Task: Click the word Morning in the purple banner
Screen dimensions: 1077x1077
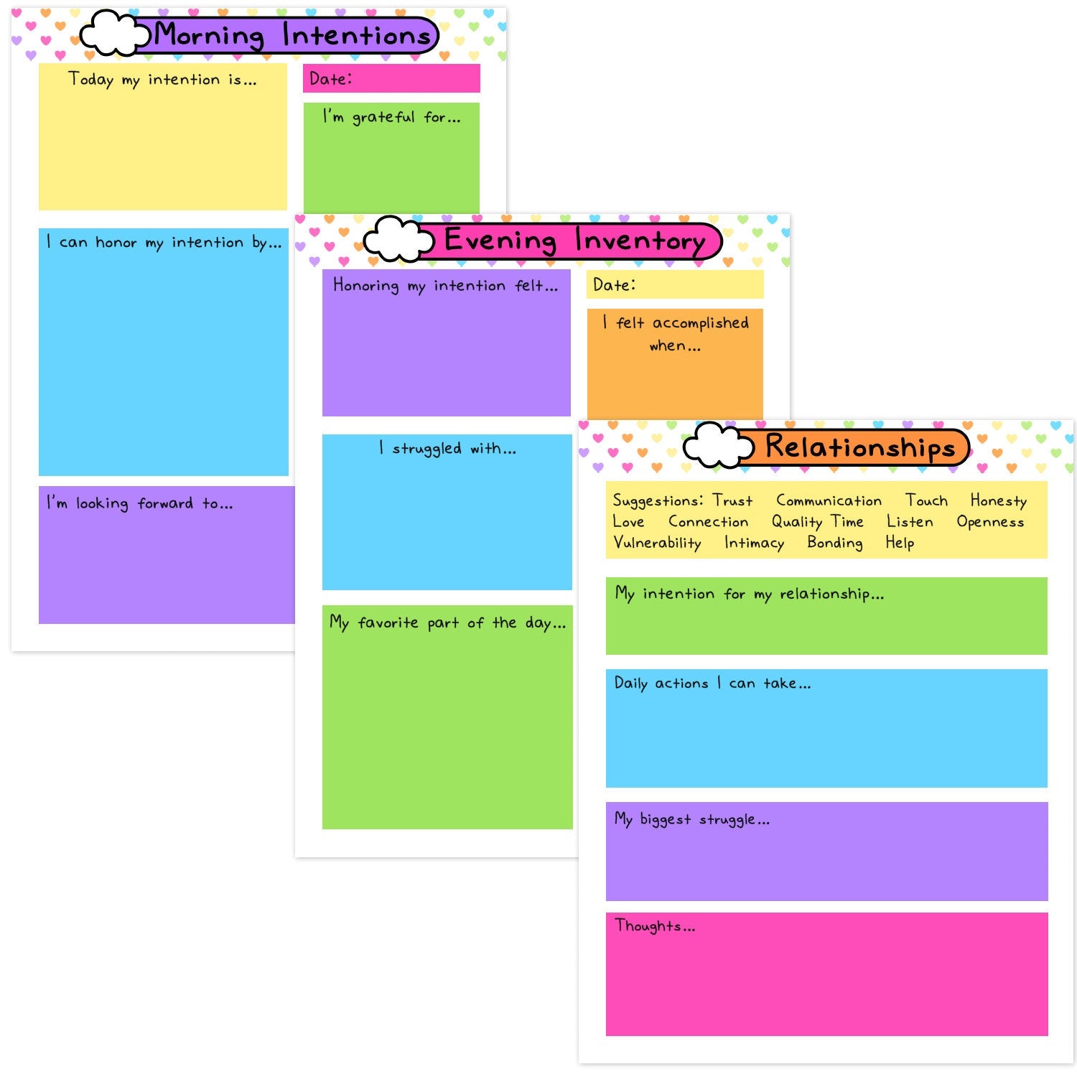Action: click(x=210, y=35)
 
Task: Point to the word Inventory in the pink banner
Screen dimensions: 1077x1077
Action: click(x=640, y=241)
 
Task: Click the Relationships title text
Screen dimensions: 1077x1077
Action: click(x=859, y=447)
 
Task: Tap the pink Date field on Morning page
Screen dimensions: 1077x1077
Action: click(x=391, y=78)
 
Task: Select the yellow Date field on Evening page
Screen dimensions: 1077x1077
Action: click(x=675, y=284)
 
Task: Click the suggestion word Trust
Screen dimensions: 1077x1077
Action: click(x=732, y=500)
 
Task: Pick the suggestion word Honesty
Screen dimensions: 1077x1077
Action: click(x=998, y=500)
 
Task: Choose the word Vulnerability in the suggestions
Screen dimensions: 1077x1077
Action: click(x=657, y=543)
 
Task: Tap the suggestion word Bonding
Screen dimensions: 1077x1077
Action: click(x=834, y=543)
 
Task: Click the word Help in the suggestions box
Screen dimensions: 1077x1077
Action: click(x=899, y=543)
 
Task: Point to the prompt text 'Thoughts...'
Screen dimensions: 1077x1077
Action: click(x=655, y=926)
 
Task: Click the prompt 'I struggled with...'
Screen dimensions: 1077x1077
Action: click(x=447, y=449)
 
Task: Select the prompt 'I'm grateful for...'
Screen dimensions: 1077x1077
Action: click(x=391, y=117)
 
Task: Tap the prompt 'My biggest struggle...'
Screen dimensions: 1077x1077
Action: click(x=691, y=819)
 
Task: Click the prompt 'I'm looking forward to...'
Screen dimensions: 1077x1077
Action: click(x=140, y=503)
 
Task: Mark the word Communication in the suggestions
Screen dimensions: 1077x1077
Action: click(x=829, y=500)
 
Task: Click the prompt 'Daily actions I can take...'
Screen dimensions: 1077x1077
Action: click(x=712, y=684)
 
